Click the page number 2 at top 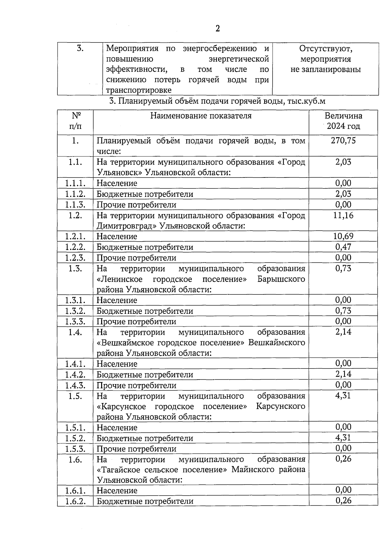[218, 29]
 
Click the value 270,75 [343, 141]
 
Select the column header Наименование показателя [201, 116]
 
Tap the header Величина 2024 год [343, 121]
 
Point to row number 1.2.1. [75, 236]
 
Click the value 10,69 [343, 236]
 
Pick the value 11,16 [343, 215]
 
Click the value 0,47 [343, 247]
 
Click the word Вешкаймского [277, 343]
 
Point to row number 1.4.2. [75, 375]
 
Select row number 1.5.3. [75, 449]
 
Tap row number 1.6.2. [75, 501]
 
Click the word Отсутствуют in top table [325, 49]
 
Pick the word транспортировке [139, 90]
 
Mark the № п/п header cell [75, 121]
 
